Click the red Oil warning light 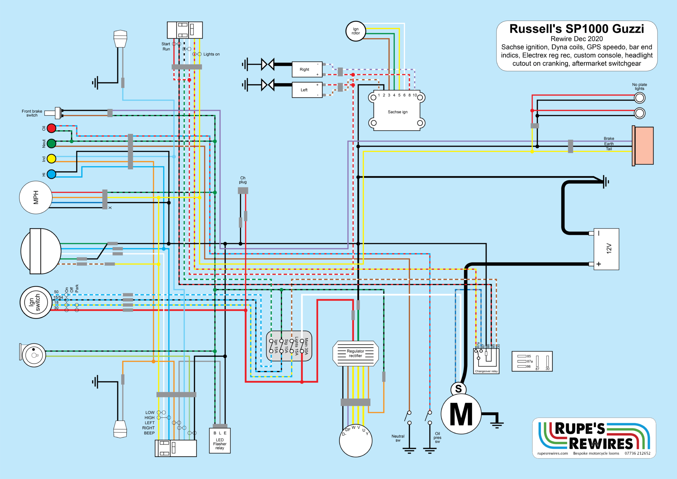pyautogui.click(x=51, y=128)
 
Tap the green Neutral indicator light pyautogui.click(x=51, y=144)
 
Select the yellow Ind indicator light pyautogui.click(x=51, y=159)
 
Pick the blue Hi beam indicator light pyautogui.click(x=51, y=174)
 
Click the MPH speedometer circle pyautogui.click(x=36, y=197)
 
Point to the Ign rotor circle pyautogui.click(x=356, y=31)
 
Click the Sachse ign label pyautogui.click(x=397, y=112)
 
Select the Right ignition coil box pyautogui.click(x=307, y=69)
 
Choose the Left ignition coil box pyautogui.click(x=307, y=90)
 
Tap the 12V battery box pyautogui.click(x=606, y=249)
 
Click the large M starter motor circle pyautogui.click(x=461, y=414)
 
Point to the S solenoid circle pyautogui.click(x=458, y=389)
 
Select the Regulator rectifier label pyautogui.click(x=355, y=353)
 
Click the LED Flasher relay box pyautogui.click(x=220, y=441)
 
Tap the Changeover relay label pyautogui.click(x=486, y=371)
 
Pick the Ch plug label pyautogui.click(x=243, y=180)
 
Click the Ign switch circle pyautogui.click(x=36, y=302)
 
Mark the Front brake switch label pyautogui.click(x=32, y=113)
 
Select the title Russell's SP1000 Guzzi pyautogui.click(x=577, y=29)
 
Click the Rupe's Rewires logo pyautogui.click(x=594, y=437)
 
